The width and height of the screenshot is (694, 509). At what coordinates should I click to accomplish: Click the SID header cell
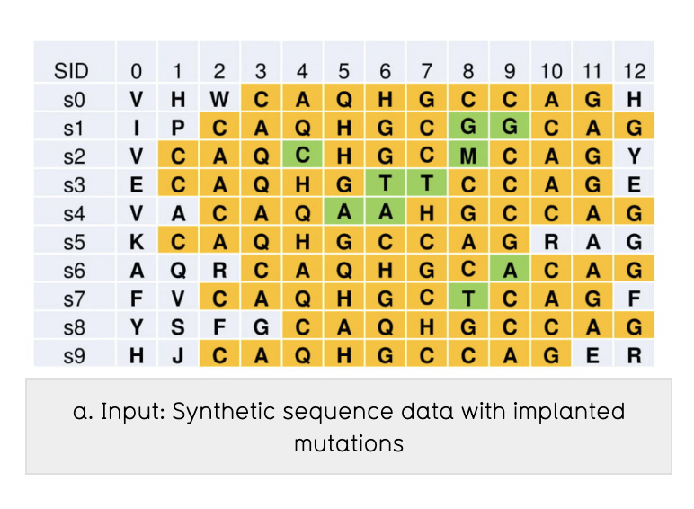click(x=72, y=71)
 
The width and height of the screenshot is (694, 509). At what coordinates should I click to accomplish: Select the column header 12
click(x=634, y=71)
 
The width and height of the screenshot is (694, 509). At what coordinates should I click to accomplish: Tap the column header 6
click(x=385, y=71)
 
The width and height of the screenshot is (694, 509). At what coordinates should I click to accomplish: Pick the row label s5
click(x=72, y=241)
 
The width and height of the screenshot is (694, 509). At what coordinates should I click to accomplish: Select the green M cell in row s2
click(x=467, y=156)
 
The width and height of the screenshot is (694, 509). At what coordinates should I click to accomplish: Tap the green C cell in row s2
click(x=302, y=156)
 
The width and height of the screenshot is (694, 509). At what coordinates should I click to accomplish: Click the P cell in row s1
click(x=178, y=127)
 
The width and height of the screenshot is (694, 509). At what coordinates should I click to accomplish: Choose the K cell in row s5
click(x=137, y=241)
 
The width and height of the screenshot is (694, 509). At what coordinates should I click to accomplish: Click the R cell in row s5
click(x=551, y=241)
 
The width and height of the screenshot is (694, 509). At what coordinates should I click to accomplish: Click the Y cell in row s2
click(x=634, y=156)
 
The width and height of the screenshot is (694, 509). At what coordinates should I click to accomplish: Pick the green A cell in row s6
click(x=509, y=270)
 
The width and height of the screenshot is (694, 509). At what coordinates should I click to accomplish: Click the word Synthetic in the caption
click(x=212, y=413)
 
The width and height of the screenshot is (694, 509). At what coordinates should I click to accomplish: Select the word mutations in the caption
click(x=348, y=443)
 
